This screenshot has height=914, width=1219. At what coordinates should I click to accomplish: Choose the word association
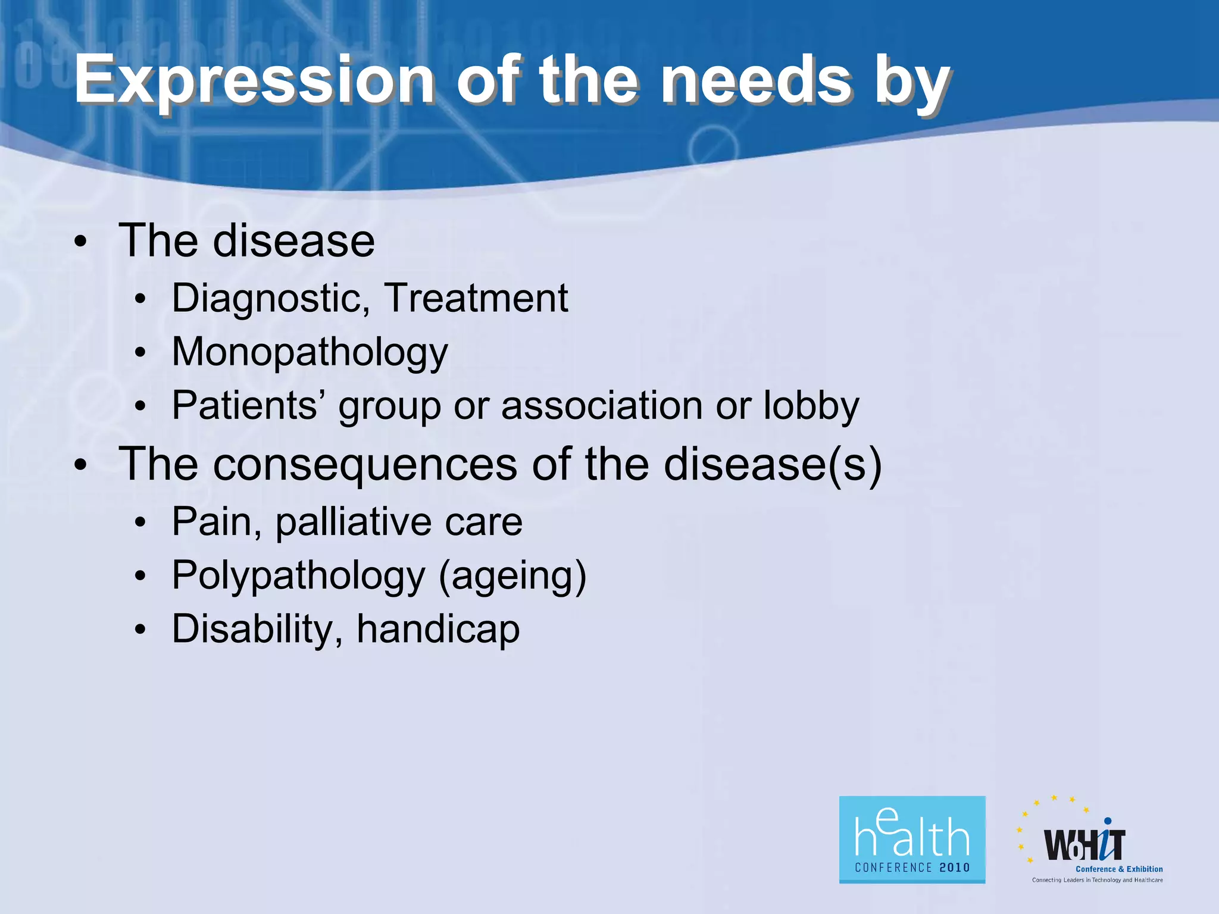pyautogui.click(x=602, y=406)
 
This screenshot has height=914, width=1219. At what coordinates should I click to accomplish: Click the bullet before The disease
pyautogui.click(x=81, y=243)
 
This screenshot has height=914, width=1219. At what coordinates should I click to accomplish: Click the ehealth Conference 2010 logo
pyautogui.click(x=912, y=839)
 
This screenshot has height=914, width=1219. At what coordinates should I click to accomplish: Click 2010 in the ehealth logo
pyautogui.click(x=955, y=868)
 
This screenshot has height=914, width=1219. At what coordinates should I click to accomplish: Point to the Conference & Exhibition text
pyautogui.click(x=1119, y=869)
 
